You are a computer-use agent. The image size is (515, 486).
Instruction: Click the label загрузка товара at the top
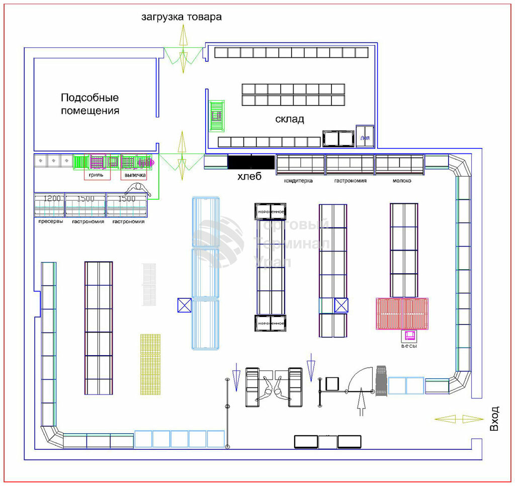tap(181, 17)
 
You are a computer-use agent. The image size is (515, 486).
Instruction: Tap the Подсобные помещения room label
tap(90, 104)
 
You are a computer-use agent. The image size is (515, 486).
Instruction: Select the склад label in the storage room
tap(290, 119)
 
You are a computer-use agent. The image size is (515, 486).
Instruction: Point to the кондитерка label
tap(298, 180)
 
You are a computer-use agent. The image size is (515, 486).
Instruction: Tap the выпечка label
tap(135, 175)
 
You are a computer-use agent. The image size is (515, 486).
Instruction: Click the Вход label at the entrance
tap(495, 419)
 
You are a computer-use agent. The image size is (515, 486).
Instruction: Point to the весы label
tap(409, 347)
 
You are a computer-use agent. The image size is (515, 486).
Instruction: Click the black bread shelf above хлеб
tap(250, 162)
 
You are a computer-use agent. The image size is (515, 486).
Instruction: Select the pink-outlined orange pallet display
tap(402, 313)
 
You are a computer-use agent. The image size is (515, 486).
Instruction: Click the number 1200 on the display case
tap(52, 198)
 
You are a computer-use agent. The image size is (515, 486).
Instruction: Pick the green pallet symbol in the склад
tap(217, 116)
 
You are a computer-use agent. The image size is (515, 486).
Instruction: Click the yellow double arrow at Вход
tap(459, 419)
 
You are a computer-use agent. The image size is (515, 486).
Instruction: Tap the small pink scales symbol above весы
tap(409, 335)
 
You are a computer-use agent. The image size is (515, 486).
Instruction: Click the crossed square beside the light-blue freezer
tap(184, 305)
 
